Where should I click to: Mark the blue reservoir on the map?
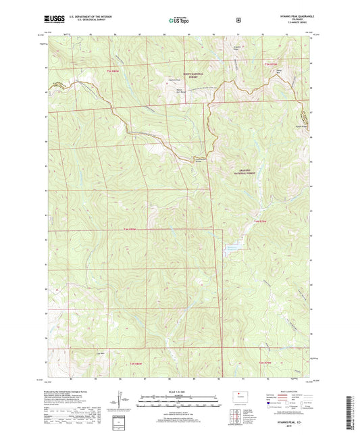tap(233, 248)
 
